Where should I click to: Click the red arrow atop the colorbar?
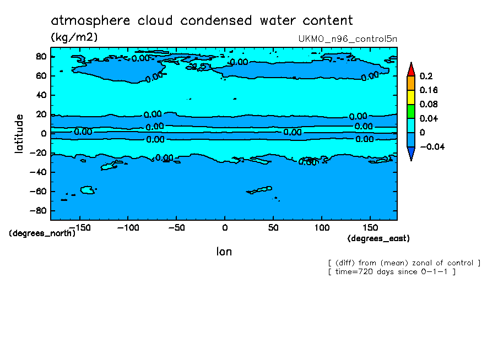(x=411, y=69)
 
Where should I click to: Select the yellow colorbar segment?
(x=411, y=97)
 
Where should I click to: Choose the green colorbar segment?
(x=411, y=112)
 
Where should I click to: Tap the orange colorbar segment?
(x=411, y=83)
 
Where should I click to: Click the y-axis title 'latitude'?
(x=19, y=133)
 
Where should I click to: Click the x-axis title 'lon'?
(x=224, y=252)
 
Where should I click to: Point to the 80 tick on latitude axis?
(x=40, y=57)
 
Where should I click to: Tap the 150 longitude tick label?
(x=370, y=227)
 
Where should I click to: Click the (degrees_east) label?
(x=378, y=238)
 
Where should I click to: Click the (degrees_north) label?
(x=42, y=233)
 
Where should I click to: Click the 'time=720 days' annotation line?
(x=391, y=272)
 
